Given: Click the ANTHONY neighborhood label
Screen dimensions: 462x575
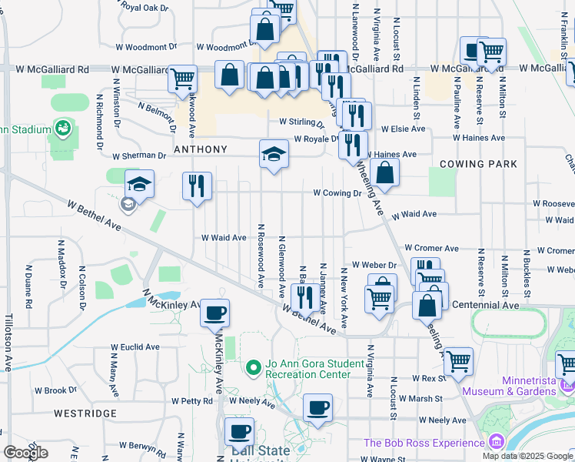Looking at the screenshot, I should click(201, 149).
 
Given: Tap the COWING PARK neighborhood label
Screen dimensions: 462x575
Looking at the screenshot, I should click(478, 164).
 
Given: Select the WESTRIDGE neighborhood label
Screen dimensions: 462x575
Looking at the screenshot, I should click(85, 413).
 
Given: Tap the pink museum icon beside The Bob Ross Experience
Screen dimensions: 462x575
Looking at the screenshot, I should click(496, 443).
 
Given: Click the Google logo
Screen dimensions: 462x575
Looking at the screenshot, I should click(25, 453).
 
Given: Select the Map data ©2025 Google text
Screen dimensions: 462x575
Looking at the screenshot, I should click(527, 456).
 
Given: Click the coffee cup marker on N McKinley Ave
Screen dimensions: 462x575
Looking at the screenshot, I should click(215, 313).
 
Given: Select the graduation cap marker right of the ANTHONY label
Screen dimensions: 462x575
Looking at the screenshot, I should click(274, 154).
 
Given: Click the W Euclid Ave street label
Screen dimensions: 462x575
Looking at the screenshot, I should click(135, 347).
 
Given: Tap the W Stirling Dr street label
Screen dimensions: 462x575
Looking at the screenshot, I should click(304, 122).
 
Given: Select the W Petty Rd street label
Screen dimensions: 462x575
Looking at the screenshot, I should click(191, 401).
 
